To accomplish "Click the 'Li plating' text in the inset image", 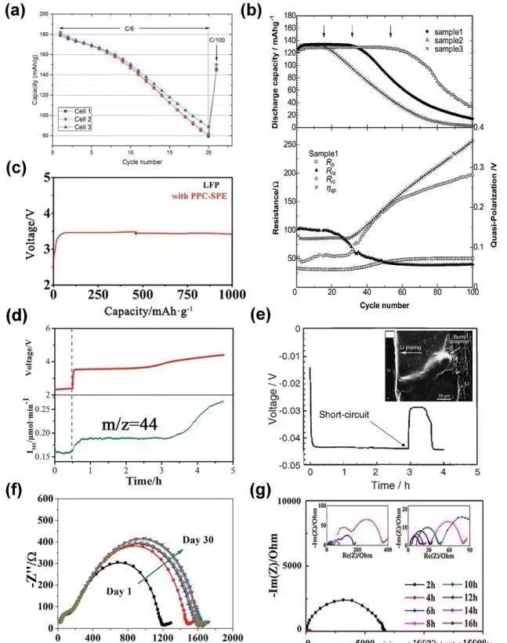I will point(407,354).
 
